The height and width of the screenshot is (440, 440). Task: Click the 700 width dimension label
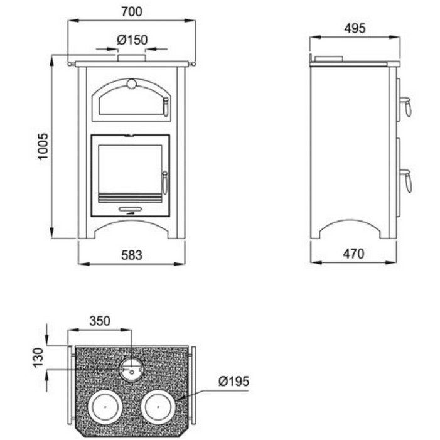click(132, 11)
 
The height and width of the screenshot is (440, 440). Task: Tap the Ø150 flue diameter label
click(132, 40)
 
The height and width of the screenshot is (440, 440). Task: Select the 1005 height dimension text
click(43, 146)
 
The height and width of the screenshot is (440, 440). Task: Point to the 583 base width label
click(132, 255)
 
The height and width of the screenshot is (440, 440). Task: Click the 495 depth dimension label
click(355, 28)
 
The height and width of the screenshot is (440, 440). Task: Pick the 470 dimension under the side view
click(353, 254)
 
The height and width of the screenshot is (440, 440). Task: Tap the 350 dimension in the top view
click(100, 321)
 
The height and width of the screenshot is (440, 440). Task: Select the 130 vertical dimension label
click(38, 357)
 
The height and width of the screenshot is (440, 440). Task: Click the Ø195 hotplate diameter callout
click(233, 382)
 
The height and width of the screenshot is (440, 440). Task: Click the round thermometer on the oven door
click(132, 83)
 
